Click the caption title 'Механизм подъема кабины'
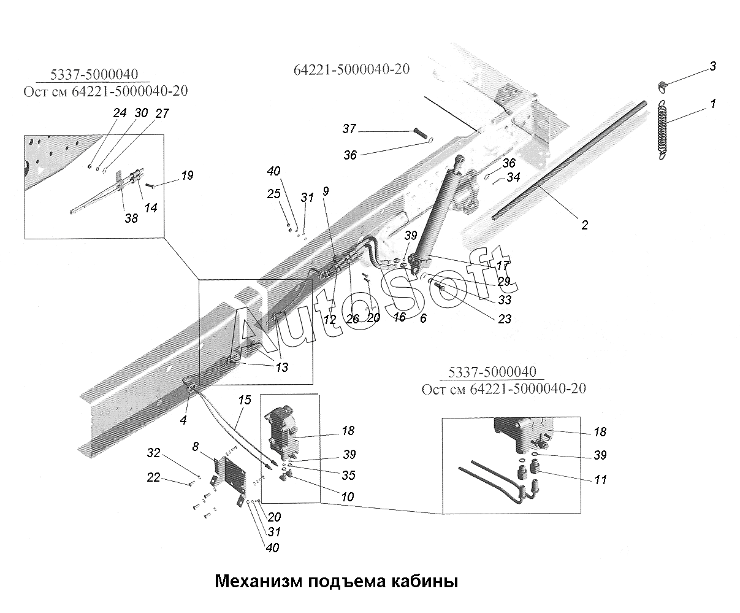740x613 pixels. (337, 582)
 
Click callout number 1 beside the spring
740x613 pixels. (713, 104)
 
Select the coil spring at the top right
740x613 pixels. (662, 130)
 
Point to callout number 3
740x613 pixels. (712, 66)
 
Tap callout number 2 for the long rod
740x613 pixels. (584, 225)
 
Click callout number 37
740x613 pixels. (349, 128)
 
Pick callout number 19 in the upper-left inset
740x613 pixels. (187, 175)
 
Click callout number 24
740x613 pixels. (120, 113)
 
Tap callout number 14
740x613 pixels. (151, 207)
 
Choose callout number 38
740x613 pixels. (131, 218)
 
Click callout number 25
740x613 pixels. (273, 194)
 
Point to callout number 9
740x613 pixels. (326, 191)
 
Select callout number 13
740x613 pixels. (282, 367)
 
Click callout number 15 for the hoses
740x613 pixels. (245, 400)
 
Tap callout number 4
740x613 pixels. (183, 420)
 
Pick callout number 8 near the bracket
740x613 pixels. (196, 447)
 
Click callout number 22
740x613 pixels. (153, 477)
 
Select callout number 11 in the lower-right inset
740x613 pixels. (600, 480)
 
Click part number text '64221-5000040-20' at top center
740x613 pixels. (351, 69)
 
